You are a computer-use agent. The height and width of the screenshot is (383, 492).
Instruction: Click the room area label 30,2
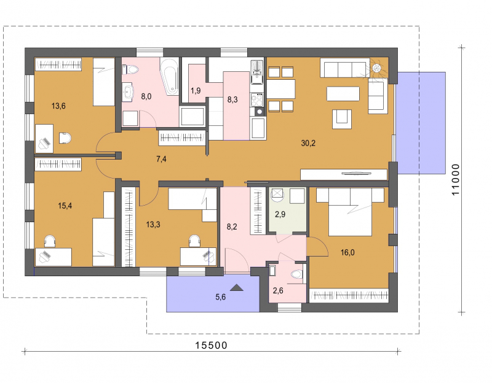pyautogui.click(x=308, y=143)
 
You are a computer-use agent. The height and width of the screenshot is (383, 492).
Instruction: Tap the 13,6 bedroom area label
pyautogui.click(x=58, y=106)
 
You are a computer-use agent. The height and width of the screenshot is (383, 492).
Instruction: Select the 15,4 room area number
pyautogui.click(x=65, y=206)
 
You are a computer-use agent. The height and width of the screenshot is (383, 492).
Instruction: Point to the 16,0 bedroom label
pyautogui.click(x=347, y=252)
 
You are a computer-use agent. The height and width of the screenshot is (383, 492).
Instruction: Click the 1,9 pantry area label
pyautogui.click(x=196, y=91)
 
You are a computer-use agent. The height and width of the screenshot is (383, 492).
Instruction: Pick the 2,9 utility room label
pyautogui.click(x=280, y=214)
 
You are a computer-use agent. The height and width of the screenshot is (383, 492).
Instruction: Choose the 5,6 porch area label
pyautogui.click(x=221, y=297)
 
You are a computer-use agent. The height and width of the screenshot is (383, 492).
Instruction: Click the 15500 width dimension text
pyautogui.click(x=211, y=345)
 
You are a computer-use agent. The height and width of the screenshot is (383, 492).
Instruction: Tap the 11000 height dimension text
pyautogui.click(x=455, y=179)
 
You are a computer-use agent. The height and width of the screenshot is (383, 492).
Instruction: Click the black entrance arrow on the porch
pyautogui.click(x=237, y=287)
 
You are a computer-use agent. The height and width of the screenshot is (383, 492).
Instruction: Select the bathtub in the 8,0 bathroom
pyautogui.click(x=170, y=76)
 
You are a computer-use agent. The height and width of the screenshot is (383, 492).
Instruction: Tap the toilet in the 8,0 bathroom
pyautogui.click(x=130, y=69)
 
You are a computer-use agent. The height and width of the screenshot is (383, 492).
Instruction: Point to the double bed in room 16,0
pyautogui.click(x=350, y=211)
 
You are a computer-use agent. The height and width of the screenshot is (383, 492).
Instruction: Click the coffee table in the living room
pyautogui.click(x=343, y=94)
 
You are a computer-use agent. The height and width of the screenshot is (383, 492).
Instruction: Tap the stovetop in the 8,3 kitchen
pyautogui.click(x=257, y=99)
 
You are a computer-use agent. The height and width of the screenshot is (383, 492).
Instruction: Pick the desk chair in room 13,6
pyautogui.click(x=65, y=137)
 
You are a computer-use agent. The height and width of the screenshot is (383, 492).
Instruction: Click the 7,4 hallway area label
pyautogui.click(x=161, y=159)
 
